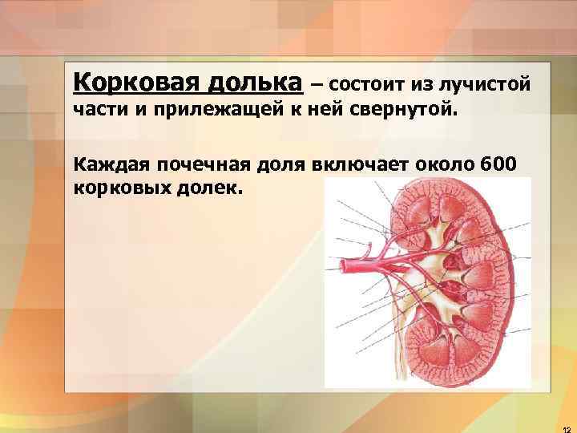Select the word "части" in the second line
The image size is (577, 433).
(x=98, y=109)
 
